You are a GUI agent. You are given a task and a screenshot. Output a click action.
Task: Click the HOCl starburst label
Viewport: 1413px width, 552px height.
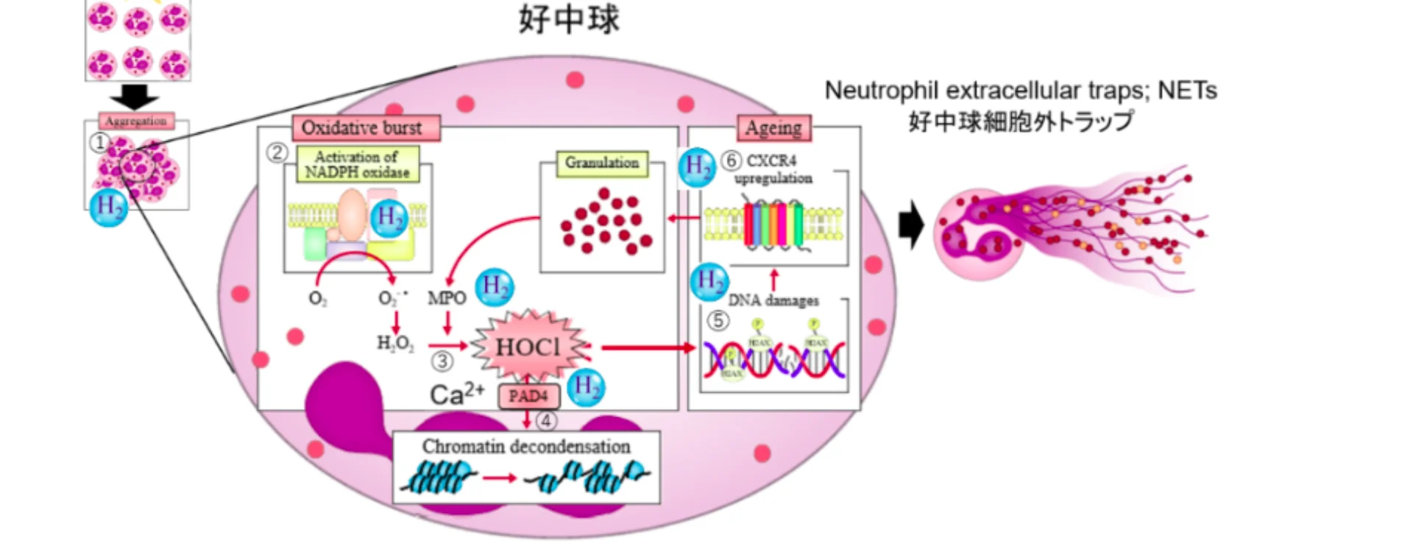click(528, 347)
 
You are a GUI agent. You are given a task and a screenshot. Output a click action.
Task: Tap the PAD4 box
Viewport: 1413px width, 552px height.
click(528, 396)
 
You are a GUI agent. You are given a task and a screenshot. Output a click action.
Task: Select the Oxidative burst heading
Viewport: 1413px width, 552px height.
click(363, 128)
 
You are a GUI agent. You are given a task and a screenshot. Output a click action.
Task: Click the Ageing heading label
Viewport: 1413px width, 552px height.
click(773, 128)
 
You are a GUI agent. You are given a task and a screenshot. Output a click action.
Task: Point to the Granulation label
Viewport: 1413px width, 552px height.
click(601, 163)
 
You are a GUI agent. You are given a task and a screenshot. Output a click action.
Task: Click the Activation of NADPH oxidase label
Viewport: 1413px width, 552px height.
click(357, 164)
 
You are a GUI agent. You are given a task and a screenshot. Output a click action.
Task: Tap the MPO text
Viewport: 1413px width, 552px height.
click(447, 298)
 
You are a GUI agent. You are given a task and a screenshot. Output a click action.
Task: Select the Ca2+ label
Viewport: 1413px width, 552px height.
click(456, 394)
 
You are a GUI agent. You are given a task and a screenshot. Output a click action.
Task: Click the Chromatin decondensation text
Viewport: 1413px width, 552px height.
click(525, 446)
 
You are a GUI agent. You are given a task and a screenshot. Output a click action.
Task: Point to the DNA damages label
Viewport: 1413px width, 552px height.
click(773, 300)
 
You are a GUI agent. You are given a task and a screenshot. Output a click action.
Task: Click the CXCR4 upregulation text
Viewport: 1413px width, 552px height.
click(773, 169)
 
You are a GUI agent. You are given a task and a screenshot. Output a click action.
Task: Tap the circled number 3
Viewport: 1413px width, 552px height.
click(442, 362)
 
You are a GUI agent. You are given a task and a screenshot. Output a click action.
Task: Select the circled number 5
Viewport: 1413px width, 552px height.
click(718, 321)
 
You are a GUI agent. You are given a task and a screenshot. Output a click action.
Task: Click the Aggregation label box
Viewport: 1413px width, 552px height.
click(136, 121)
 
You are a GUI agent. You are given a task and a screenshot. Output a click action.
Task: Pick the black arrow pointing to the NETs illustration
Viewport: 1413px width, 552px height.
click(911, 224)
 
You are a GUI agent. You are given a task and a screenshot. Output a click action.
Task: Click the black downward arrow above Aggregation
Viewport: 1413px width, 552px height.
click(134, 96)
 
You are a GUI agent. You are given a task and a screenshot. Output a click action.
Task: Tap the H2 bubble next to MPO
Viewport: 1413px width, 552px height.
click(494, 287)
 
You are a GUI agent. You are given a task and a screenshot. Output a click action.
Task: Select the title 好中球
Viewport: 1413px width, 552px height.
click(569, 20)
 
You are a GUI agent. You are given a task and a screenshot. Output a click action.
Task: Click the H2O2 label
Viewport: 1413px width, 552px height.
click(395, 344)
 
